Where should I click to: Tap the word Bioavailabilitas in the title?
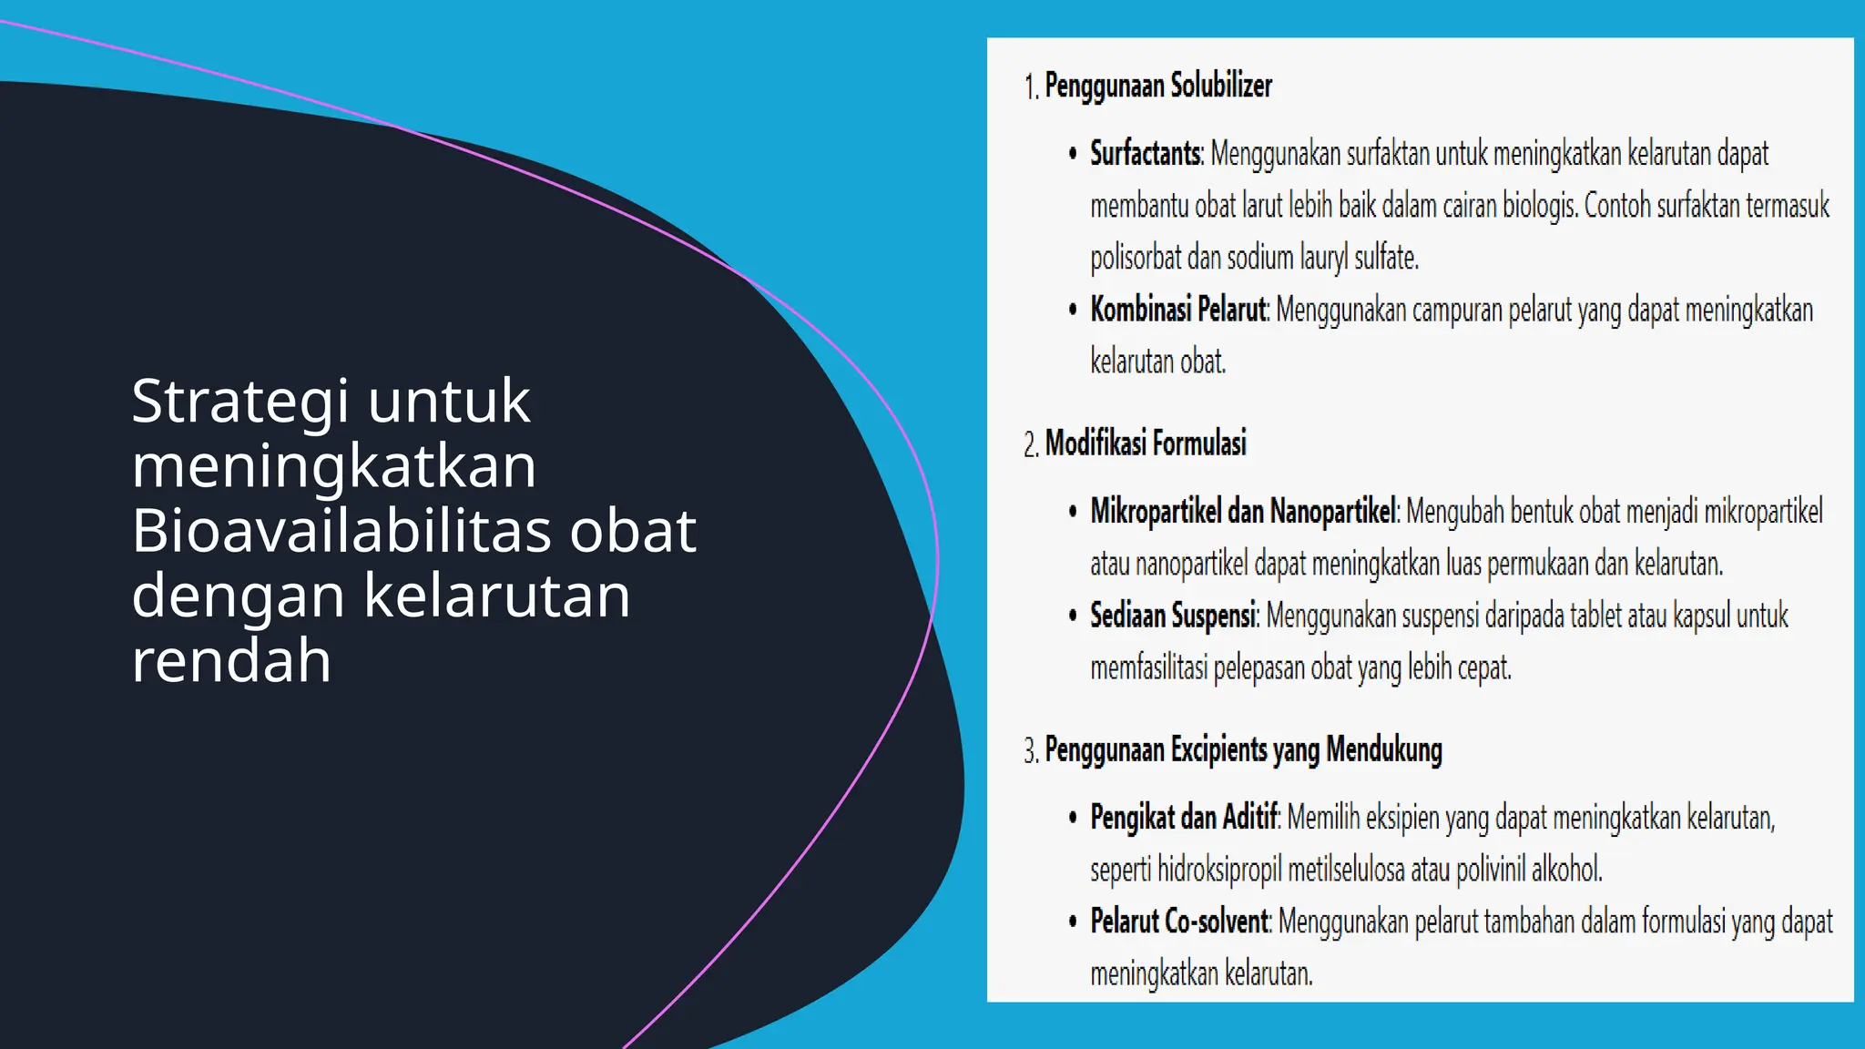tap(341, 531)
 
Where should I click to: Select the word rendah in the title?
tap(231, 660)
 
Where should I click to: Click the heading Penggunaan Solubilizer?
tap(1157, 86)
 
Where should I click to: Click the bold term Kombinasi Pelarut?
tap(1178, 311)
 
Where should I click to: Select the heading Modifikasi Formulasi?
tap(1145, 443)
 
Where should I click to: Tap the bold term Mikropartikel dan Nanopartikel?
tap(1243, 512)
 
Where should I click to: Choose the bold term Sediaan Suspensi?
tap(1174, 616)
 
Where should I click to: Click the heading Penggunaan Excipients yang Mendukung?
tap(1243, 750)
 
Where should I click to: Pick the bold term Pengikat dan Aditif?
tap(1185, 818)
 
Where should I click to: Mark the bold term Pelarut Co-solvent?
tap(1179, 922)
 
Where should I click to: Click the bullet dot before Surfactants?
tap(1073, 154)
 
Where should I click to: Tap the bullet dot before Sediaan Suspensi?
tap(1073, 616)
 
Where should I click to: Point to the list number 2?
tap(1030, 445)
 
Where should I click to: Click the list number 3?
tap(1030, 752)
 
